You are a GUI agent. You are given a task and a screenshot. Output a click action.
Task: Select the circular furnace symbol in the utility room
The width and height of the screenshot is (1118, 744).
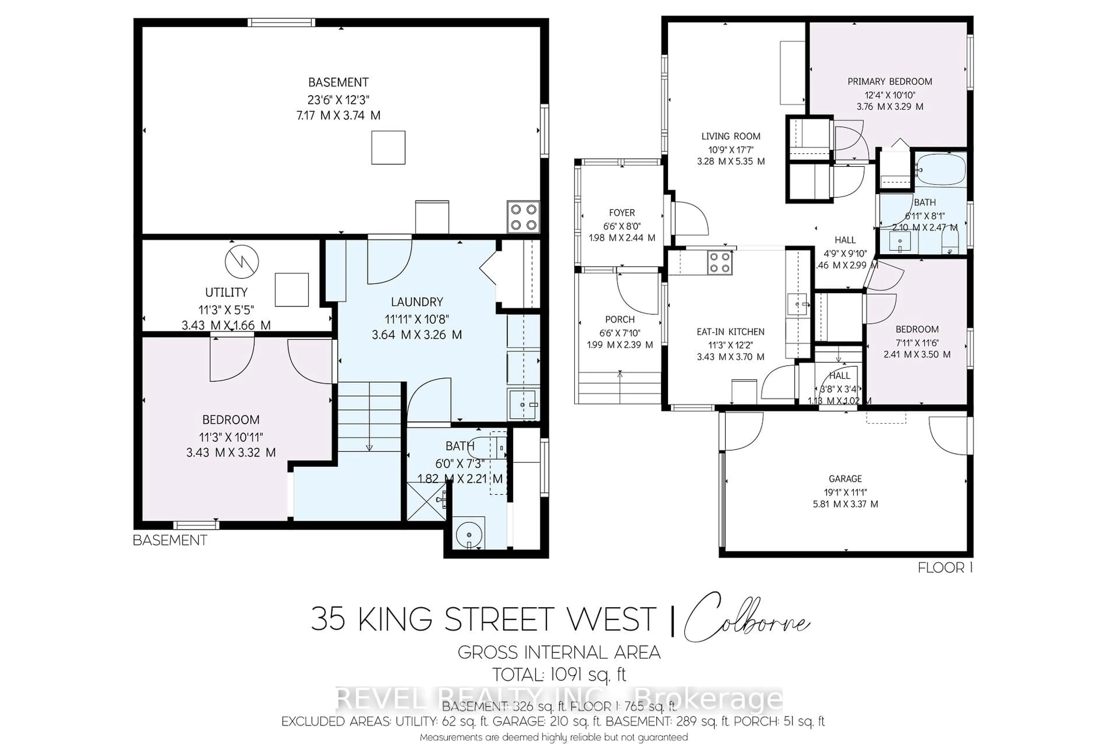[x=242, y=261]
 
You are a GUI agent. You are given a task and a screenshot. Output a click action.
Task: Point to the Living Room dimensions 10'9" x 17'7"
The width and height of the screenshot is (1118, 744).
[x=731, y=149]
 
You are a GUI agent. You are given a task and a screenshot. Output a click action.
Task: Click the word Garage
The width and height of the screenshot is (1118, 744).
[x=845, y=479]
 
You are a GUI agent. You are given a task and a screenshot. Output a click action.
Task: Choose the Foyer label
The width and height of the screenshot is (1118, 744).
[x=622, y=213]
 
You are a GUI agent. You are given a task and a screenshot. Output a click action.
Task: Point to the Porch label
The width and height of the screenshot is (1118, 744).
[x=620, y=319]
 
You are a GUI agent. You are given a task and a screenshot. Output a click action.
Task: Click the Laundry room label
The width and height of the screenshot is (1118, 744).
[x=417, y=302]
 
